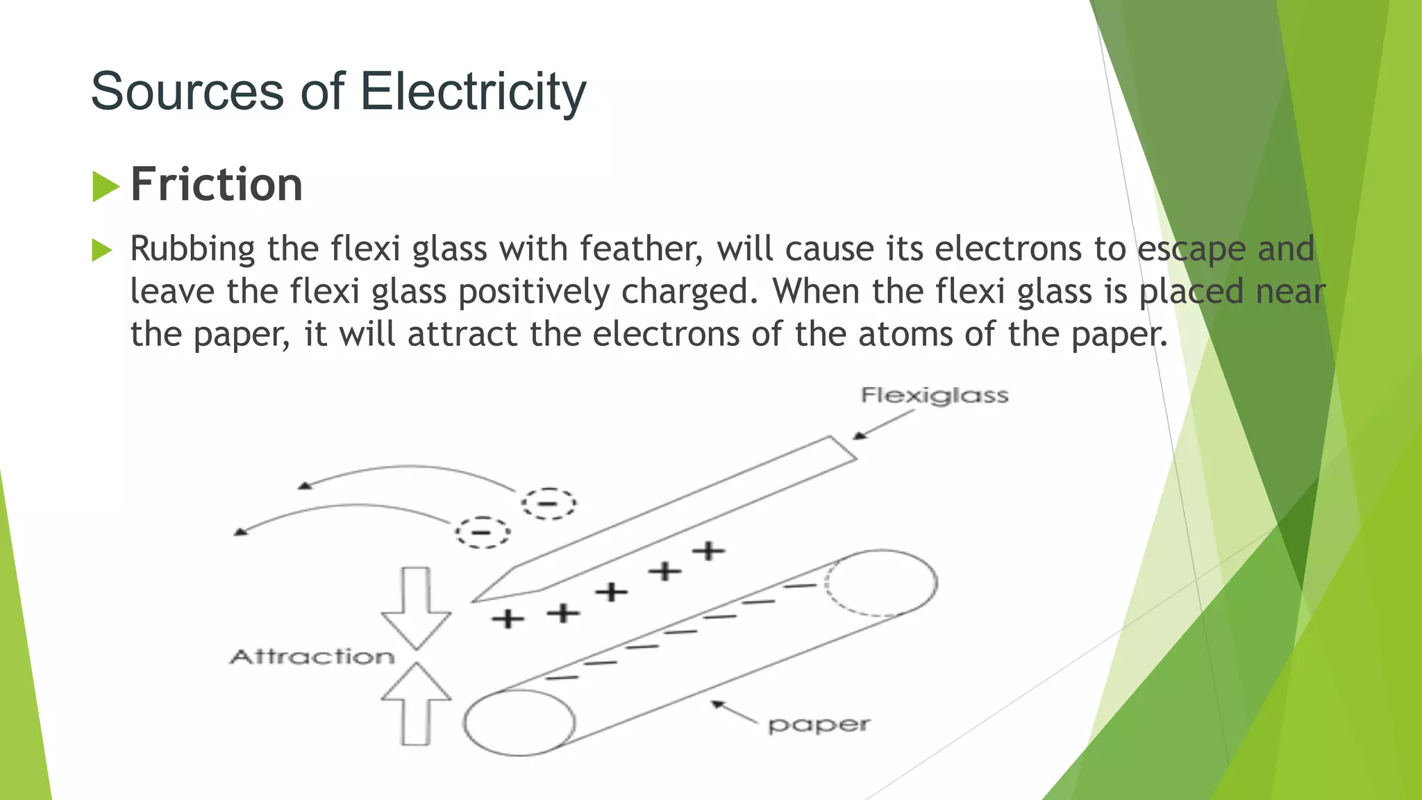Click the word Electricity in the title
coord(473,92)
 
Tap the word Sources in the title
coord(187,92)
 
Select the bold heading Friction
coord(217,185)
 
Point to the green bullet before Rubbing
coord(101,250)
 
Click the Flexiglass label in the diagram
coord(935,396)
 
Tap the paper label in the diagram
coord(819,725)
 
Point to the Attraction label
coord(312,657)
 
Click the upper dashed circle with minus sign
coord(549,503)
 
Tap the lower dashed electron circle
coord(482,533)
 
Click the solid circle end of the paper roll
coord(519,722)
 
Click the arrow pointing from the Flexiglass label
coord(883,424)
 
